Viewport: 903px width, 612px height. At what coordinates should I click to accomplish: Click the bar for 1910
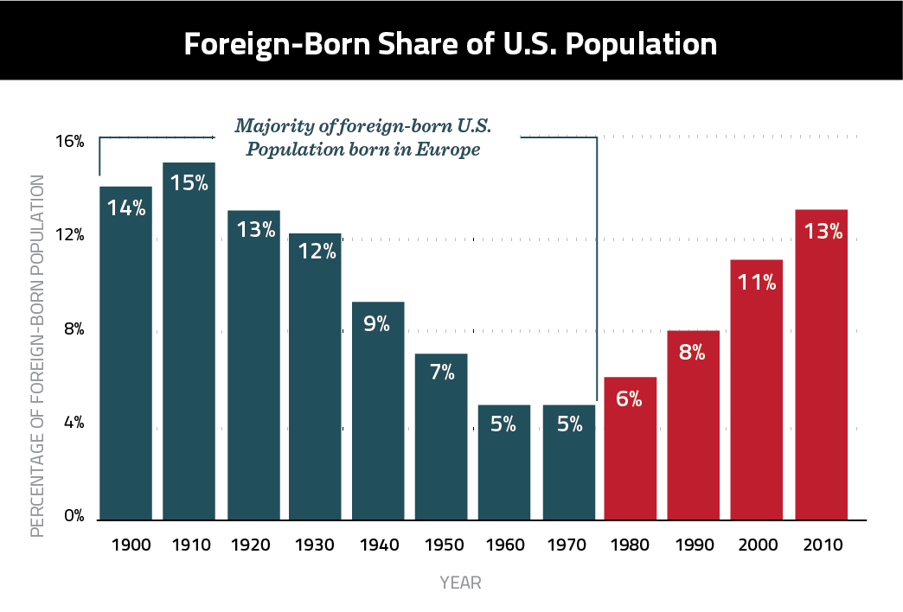(189, 346)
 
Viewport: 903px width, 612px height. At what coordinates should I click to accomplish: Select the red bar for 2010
(821, 372)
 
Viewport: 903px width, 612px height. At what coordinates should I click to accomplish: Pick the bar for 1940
(378, 415)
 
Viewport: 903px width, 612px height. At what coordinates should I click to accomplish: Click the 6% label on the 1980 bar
(630, 400)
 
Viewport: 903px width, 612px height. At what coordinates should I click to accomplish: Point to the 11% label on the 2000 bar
(757, 282)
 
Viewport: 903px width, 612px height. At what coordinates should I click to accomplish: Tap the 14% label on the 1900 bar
(126, 208)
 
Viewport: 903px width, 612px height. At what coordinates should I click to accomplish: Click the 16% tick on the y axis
(72, 141)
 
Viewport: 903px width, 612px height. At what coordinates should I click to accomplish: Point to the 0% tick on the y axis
(74, 517)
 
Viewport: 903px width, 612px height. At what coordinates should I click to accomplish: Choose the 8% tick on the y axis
(74, 329)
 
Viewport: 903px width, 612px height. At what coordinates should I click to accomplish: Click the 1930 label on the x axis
(315, 545)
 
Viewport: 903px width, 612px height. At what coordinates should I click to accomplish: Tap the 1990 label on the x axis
(693, 545)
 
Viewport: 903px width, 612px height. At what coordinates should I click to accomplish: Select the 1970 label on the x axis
(567, 545)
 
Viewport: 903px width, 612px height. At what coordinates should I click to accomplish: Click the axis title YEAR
(459, 583)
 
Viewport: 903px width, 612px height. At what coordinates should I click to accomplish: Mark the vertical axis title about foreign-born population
(37, 354)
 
